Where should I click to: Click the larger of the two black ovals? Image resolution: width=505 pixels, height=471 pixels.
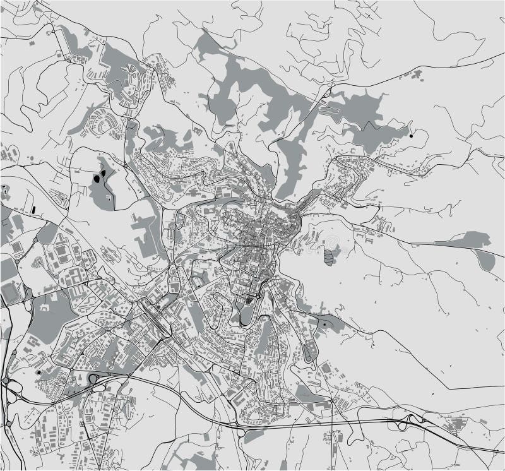[96, 179]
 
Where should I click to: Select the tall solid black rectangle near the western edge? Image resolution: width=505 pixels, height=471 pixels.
[32, 208]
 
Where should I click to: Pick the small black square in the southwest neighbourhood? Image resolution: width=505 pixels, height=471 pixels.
[40, 373]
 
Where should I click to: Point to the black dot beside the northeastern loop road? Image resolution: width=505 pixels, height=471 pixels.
[411, 135]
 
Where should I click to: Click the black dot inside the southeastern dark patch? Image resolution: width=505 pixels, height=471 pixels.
[324, 325]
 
